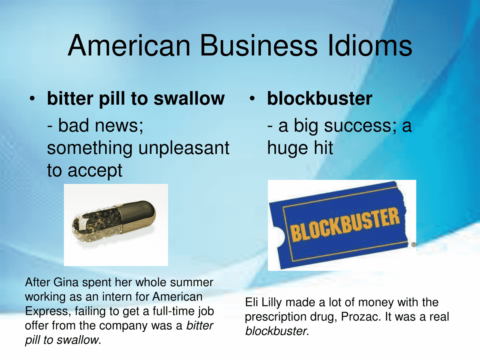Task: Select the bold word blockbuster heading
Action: point(320,98)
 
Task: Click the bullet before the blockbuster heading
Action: point(253,98)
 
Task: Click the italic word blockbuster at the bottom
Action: point(275,332)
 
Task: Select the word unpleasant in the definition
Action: point(184,148)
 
